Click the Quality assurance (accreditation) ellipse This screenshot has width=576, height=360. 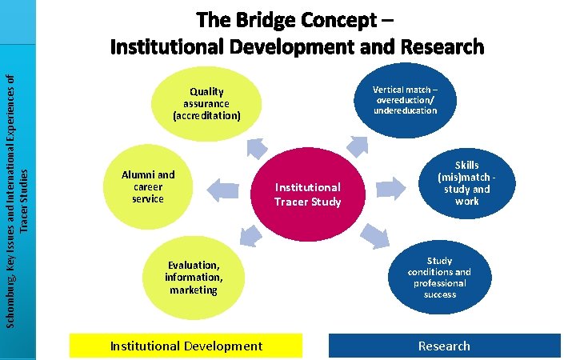[x=206, y=104]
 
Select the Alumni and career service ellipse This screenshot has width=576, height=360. [x=148, y=186]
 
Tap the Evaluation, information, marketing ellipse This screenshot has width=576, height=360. [x=194, y=277]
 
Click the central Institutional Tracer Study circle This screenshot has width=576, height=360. [x=308, y=194]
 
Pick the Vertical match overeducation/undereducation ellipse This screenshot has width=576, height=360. [x=405, y=99]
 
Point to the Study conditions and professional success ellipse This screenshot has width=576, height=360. [x=439, y=277]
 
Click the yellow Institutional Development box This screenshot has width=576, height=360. [x=186, y=346]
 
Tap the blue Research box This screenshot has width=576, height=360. [x=445, y=346]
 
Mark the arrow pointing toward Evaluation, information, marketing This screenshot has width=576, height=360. [x=250, y=233]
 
